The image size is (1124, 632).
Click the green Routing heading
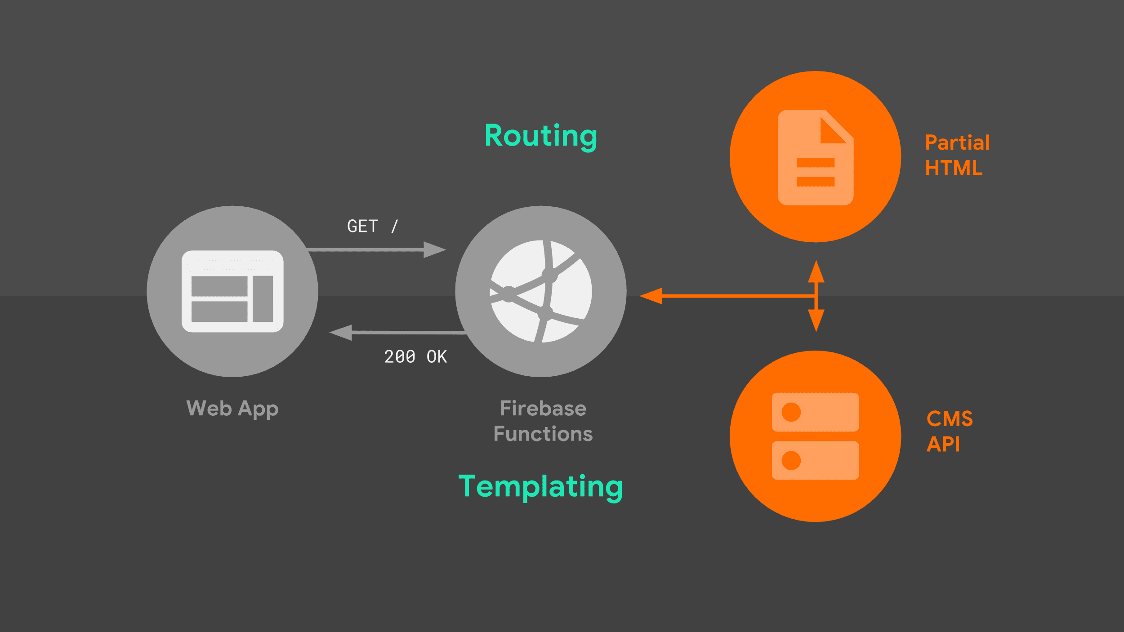[x=541, y=136]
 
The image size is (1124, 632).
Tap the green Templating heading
[x=540, y=487]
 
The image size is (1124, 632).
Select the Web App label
[x=232, y=409]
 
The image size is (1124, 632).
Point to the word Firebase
[x=543, y=409]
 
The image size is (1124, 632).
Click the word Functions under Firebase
[x=543, y=434]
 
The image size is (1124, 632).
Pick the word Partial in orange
[x=957, y=143]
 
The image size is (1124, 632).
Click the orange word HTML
[x=954, y=168]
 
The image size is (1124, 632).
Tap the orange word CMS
[x=950, y=419]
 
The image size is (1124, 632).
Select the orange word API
[x=943, y=445]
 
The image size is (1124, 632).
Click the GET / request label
[x=373, y=227]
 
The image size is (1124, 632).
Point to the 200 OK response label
[x=415, y=357]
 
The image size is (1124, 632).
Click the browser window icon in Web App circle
[x=232, y=291]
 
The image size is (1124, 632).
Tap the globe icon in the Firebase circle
[x=541, y=291]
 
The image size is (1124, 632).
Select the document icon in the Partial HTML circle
[x=816, y=157]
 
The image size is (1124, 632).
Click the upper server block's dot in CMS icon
[x=791, y=412]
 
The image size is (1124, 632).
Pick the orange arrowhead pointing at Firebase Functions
[x=651, y=296]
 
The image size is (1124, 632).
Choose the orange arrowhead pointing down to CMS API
[x=816, y=320]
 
